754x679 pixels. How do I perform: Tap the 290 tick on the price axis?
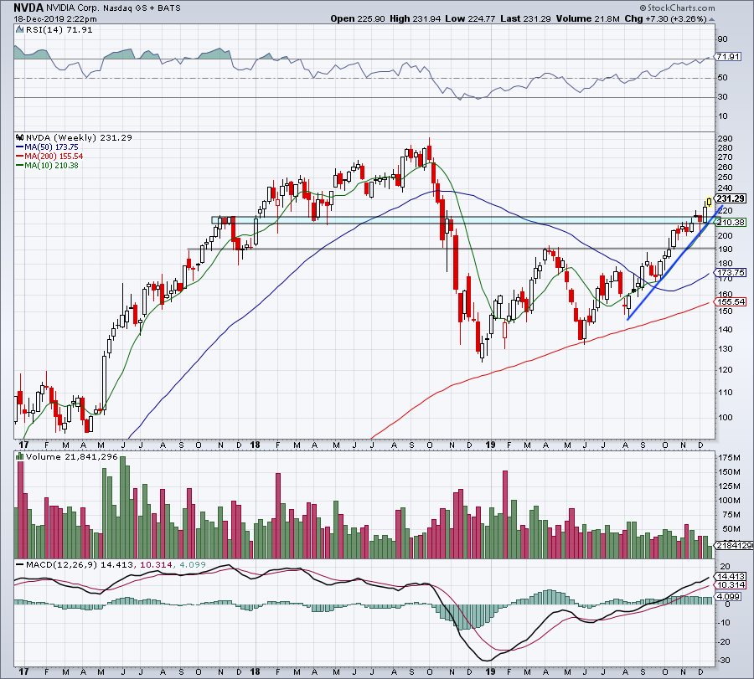click(x=725, y=138)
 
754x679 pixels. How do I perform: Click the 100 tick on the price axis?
click(x=725, y=417)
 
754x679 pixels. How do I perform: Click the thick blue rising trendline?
click(x=670, y=265)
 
